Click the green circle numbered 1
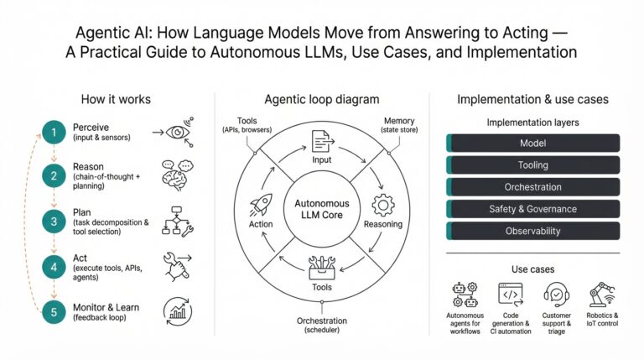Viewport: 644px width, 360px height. (53, 132)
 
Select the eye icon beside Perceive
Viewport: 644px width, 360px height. (178, 132)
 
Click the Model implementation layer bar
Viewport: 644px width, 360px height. (532, 143)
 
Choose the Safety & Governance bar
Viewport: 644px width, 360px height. (532, 209)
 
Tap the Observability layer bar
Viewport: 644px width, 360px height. (532, 231)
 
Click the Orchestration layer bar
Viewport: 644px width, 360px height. (532, 187)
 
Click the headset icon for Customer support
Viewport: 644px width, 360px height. (557, 295)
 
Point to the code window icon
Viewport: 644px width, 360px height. (511, 295)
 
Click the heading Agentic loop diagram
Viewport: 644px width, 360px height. (322, 99)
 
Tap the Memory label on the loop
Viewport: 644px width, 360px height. (398, 121)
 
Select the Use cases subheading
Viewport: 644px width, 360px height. (532, 269)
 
